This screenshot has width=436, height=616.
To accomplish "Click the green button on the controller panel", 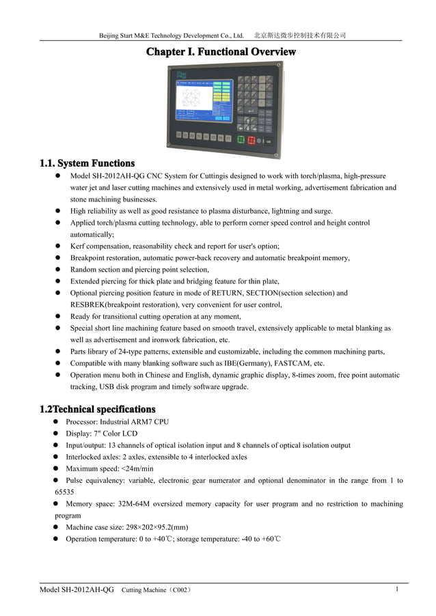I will (239, 140).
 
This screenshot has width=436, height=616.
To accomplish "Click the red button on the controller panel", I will (251, 140).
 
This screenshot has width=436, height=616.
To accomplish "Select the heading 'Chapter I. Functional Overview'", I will (221, 52).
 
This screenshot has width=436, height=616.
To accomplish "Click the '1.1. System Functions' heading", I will (87, 163).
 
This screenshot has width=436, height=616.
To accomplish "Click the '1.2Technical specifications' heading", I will (97, 409).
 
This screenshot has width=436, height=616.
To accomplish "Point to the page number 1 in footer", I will (397, 589).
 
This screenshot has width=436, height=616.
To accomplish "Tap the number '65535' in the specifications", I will (64, 492).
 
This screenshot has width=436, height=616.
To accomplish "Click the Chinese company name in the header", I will (300, 35).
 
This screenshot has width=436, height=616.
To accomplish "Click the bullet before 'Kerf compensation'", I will (59, 246).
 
